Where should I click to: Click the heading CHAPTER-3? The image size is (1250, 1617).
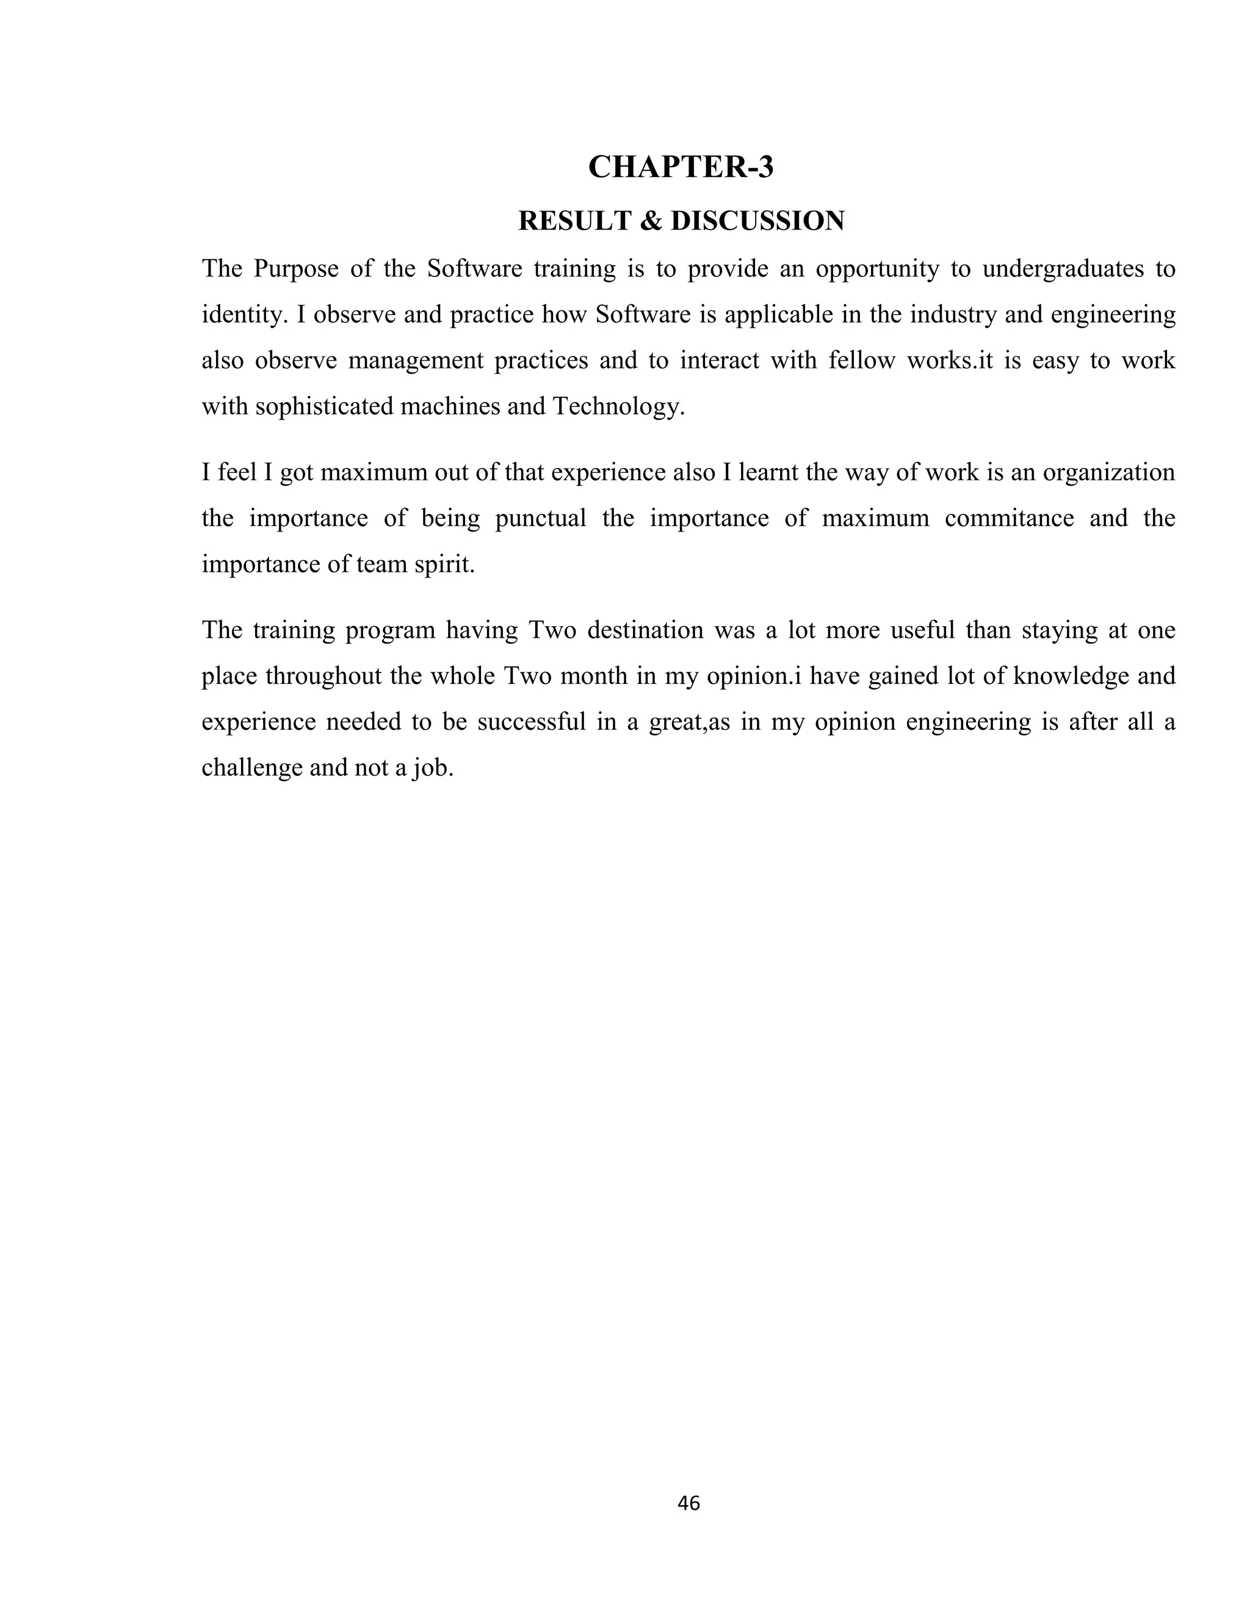pos(681,167)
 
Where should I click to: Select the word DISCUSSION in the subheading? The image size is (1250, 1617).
pos(757,221)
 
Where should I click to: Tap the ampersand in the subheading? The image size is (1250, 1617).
pos(649,221)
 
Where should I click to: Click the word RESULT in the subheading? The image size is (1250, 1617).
pos(574,221)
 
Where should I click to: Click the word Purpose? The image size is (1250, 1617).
pos(295,268)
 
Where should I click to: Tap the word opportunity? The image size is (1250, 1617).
pos(877,268)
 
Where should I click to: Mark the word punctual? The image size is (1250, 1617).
pos(541,518)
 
